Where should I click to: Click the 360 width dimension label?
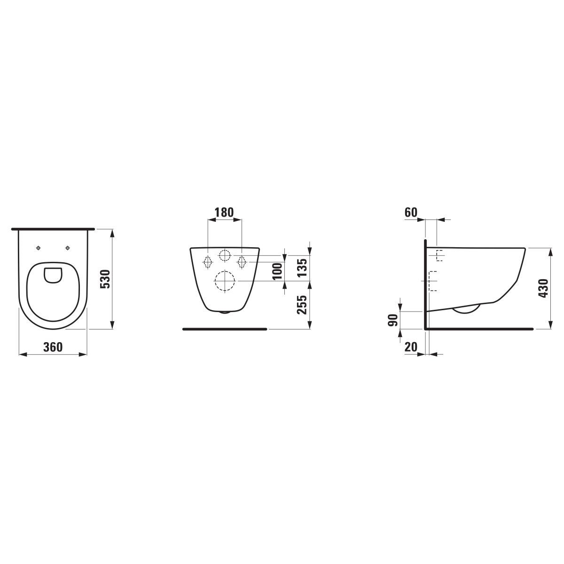click(x=53, y=347)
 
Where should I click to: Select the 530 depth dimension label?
click(x=105, y=279)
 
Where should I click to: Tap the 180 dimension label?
click(x=224, y=212)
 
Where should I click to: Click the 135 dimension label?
click(x=303, y=267)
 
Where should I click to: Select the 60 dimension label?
click(x=411, y=212)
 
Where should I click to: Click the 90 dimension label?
click(x=394, y=320)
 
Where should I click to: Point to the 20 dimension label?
click(x=411, y=347)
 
